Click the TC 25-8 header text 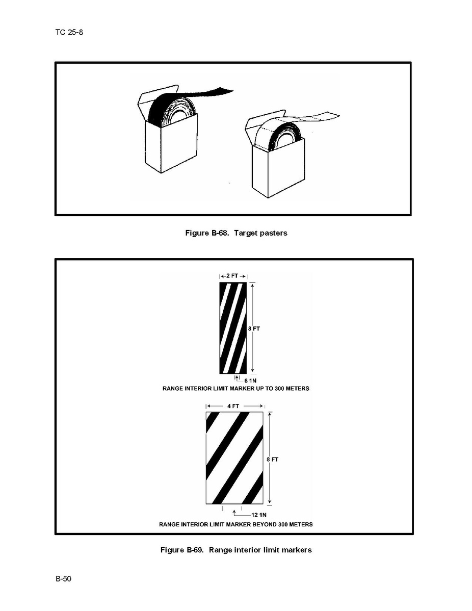point(69,32)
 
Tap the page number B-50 point(64,579)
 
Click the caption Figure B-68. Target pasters point(236,233)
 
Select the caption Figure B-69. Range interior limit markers point(236,550)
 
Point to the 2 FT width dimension point(232,276)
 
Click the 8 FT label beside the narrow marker point(254,328)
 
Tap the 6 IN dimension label point(250,380)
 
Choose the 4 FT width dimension point(233,406)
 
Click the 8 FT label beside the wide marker point(273,460)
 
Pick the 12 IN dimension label point(259,515)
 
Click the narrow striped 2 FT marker point(233,328)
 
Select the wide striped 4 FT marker point(234,458)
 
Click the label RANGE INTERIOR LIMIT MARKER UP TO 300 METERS point(236,389)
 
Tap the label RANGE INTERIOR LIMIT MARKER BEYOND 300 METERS point(236,524)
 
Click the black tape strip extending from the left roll point(211,93)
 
